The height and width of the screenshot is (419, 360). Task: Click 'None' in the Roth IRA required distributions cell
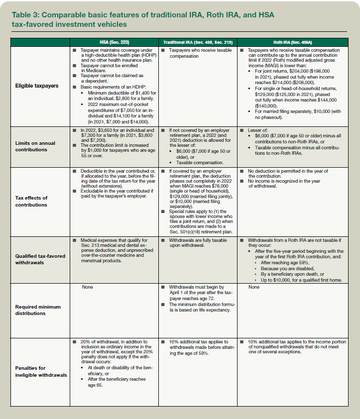click(x=254, y=287)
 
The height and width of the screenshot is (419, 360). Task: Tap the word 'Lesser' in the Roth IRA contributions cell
click(x=255, y=129)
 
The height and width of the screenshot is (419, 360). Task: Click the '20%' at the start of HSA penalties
click(x=86, y=341)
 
